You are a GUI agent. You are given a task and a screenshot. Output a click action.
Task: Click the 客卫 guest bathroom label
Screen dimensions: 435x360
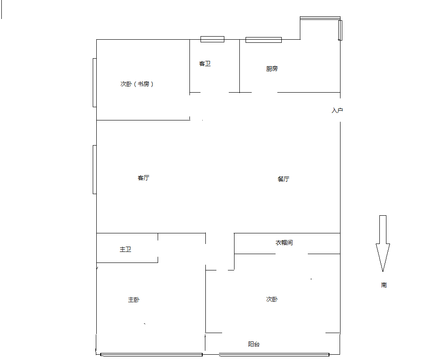pyautogui.click(x=205, y=64)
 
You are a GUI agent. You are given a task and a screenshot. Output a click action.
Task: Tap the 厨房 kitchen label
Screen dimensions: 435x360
pyautogui.click(x=272, y=69)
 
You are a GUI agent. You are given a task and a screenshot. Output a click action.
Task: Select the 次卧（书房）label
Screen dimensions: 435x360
pyautogui.click(x=137, y=84)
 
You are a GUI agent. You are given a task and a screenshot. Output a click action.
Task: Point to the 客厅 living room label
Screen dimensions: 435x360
pyautogui.click(x=144, y=178)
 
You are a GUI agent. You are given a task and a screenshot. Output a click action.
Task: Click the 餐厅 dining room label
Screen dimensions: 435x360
pyautogui.click(x=283, y=179)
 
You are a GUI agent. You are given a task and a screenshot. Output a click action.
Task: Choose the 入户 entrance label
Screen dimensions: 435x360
pyautogui.click(x=337, y=111)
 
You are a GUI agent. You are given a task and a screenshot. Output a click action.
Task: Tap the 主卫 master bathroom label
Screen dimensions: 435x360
pyautogui.click(x=125, y=249)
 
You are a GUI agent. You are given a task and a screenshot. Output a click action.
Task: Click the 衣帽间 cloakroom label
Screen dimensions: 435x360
pyautogui.click(x=284, y=243)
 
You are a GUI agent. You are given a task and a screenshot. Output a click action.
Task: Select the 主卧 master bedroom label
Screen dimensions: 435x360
pyautogui.click(x=134, y=300)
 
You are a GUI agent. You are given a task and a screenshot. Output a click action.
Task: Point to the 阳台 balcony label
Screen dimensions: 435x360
pyautogui.click(x=254, y=344)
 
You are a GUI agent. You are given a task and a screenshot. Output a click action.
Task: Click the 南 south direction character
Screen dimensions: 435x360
pyautogui.click(x=384, y=285)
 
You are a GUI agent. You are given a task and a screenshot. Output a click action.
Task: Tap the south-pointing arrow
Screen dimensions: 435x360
pyautogui.click(x=383, y=244)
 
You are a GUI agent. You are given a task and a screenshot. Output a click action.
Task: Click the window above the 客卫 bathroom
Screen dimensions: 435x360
pyautogui.click(x=212, y=39)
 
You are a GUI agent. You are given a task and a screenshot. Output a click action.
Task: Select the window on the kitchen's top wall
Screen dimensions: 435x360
pyautogui.click(x=264, y=40)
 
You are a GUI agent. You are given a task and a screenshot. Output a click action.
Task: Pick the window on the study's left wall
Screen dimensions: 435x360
pyautogui.click(x=95, y=82)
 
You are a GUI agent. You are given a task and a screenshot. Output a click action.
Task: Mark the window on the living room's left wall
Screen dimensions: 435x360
pyautogui.click(x=95, y=169)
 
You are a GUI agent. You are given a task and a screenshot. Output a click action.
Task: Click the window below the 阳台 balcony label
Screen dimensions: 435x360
pyautogui.click(x=274, y=354)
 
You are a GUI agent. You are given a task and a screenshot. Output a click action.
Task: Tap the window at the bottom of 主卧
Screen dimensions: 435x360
pyautogui.click(x=151, y=354)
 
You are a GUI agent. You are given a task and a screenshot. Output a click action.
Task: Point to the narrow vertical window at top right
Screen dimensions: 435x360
pyautogui.click(x=340, y=30)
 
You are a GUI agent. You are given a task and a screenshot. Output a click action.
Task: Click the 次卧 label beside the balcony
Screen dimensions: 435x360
pyautogui.click(x=272, y=299)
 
